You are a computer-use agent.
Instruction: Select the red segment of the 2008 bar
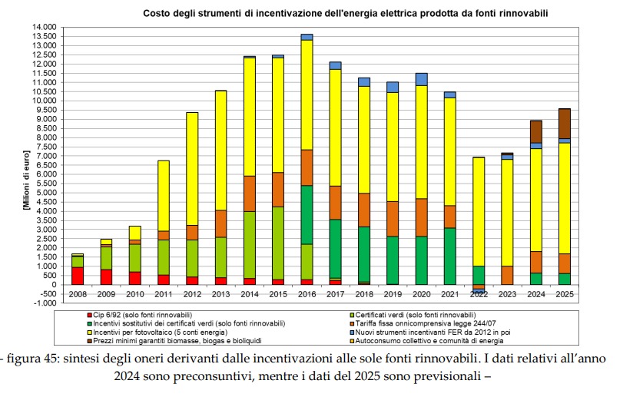tap(78, 276)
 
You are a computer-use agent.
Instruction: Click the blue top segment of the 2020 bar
tap(421, 79)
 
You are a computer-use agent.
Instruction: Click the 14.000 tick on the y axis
tap(45, 27)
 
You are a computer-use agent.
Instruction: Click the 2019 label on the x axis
tap(392, 294)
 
